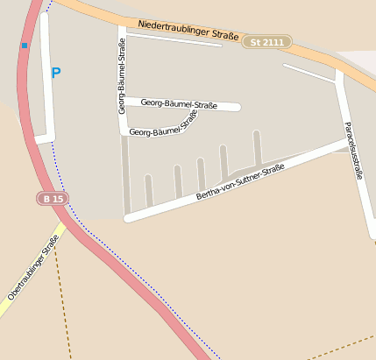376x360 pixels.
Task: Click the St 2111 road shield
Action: [267, 42]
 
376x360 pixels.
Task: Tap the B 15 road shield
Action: [53, 200]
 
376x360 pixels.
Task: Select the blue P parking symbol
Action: [56, 74]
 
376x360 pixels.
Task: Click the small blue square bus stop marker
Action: [25, 45]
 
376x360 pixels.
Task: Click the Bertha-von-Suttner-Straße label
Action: [240, 180]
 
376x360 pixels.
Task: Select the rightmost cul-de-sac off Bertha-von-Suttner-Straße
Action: [257, 148]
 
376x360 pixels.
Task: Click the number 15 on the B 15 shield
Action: [58, 200]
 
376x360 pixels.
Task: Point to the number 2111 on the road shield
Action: [273, 42]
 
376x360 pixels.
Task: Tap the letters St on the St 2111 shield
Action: [256, 42]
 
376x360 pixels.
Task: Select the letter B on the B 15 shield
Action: [46, 200]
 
